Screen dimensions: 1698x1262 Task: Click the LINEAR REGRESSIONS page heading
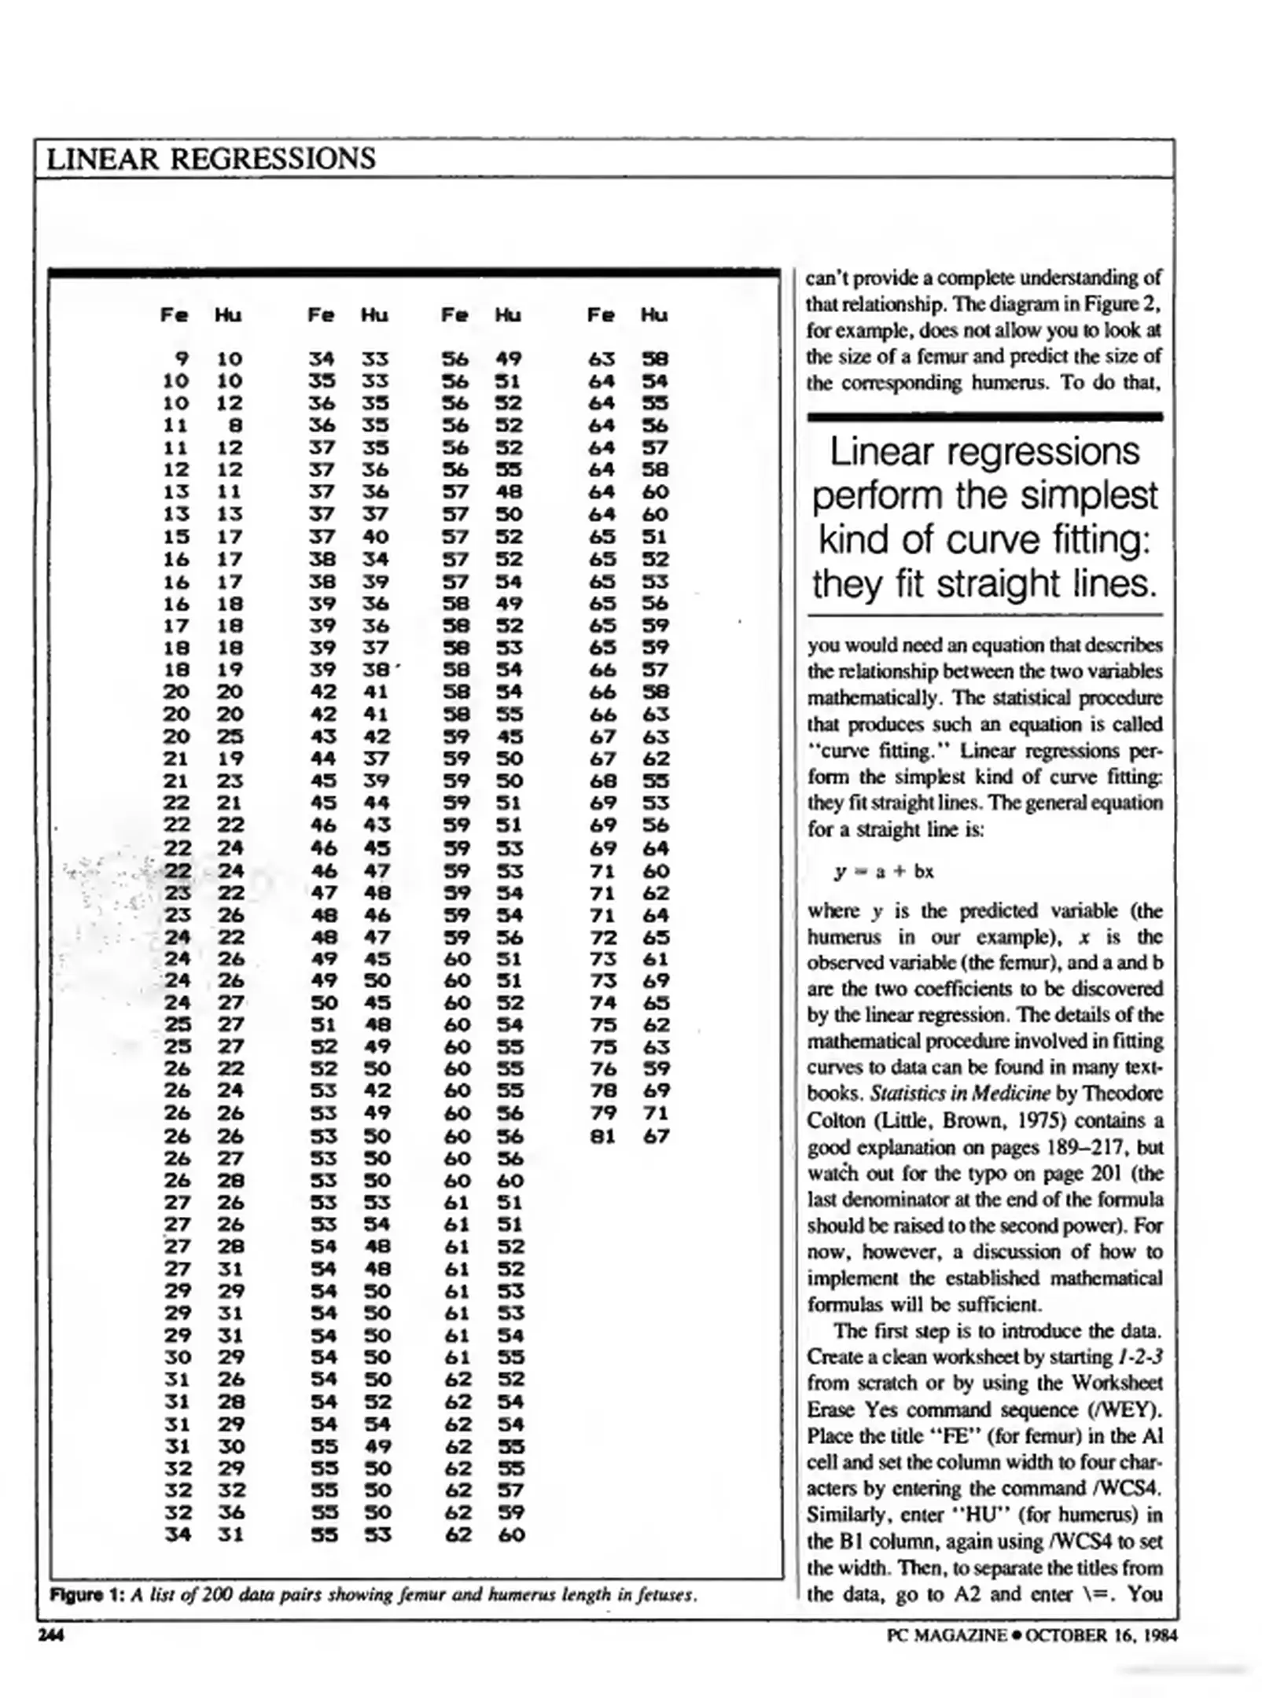[x=211, y=159]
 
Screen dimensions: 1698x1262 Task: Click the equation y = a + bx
[x=883, y=871]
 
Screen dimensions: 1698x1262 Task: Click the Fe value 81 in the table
[x=602, y=1136]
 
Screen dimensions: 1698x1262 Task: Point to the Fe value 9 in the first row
[x=182, y=359]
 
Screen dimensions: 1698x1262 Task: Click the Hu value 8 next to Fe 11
[x=234, y=425]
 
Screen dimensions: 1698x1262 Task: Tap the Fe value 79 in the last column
[x=602, y=1113]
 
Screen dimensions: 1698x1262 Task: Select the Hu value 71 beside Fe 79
[x=655, y=1113]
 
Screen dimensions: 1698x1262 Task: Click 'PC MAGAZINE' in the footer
[x=947, y=1635]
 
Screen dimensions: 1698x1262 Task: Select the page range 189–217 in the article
[x=1087, y=1147]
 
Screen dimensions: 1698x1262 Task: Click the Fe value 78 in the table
[x=602, y=1091]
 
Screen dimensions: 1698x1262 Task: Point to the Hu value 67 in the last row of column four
[x=655, y=1136]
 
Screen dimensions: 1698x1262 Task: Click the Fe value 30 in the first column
[x=177, y=1357]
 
